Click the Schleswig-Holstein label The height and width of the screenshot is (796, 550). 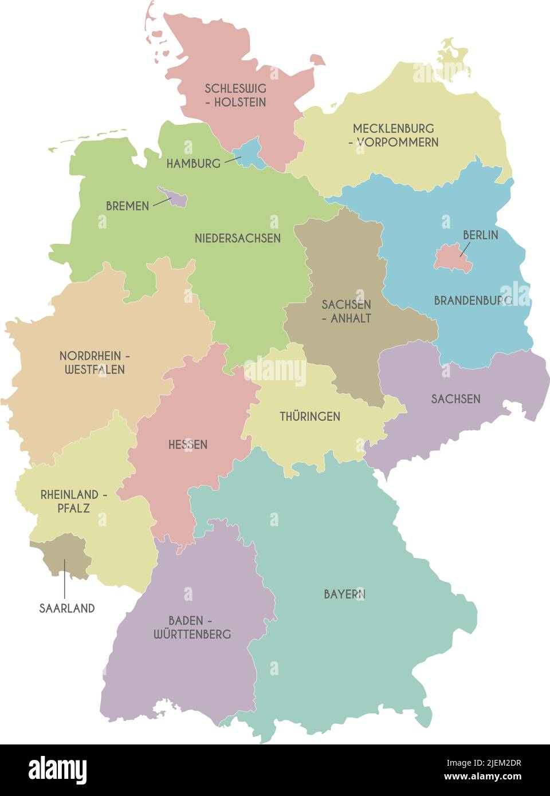point(235,96)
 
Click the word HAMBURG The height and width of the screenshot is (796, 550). point(193,164)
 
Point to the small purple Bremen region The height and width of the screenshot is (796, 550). point(175,198)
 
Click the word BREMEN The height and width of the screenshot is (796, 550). point(127,206)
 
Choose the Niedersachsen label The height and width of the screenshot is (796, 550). point(237,238)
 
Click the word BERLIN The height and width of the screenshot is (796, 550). point(480,235)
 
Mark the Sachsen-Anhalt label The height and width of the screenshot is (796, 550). point(347,312)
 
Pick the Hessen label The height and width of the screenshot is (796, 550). point(188,444)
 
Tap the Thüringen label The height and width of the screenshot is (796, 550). point(310,416)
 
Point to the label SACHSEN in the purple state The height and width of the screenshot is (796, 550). point(455,399)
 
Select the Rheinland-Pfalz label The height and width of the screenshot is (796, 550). point(73,501)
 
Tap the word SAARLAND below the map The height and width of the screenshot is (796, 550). point(67,608)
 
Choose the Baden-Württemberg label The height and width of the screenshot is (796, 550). point(192,627)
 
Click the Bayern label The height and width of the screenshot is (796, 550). point(344,594)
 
